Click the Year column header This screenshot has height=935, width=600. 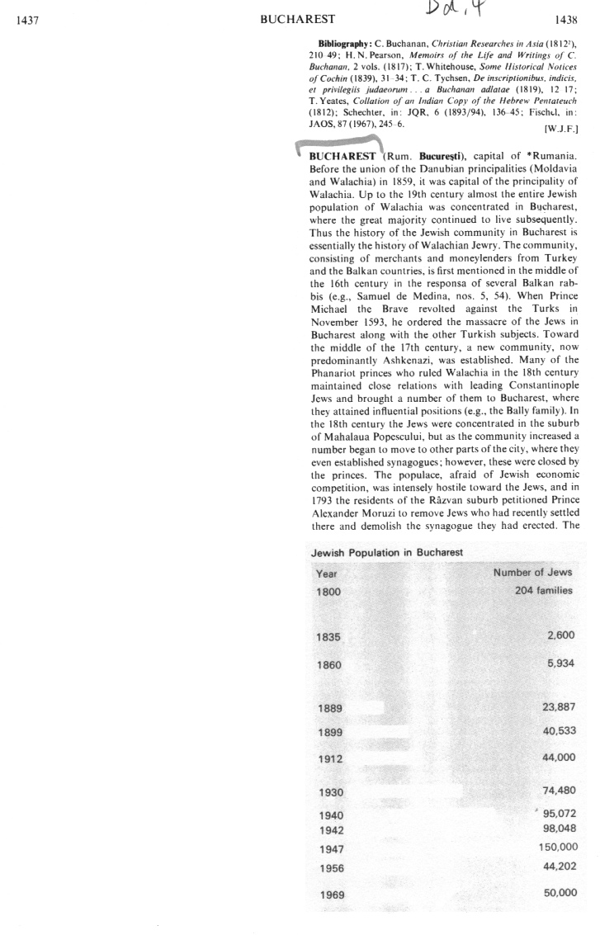tap(327, 573)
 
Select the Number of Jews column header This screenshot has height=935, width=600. tap(532, 572)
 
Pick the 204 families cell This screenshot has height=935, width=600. tap(543, 591)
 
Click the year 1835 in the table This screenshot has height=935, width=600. tap(328, 637)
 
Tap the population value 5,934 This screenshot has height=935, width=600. tap(559, 663)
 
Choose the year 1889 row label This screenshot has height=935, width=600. tap(328, 707)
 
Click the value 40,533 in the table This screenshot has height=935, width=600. tap(558, 731)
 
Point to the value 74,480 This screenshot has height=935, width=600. tap(558, 790)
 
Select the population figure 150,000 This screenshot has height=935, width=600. tap(557, 847)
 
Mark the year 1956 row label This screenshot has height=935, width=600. tap(328, 868)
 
